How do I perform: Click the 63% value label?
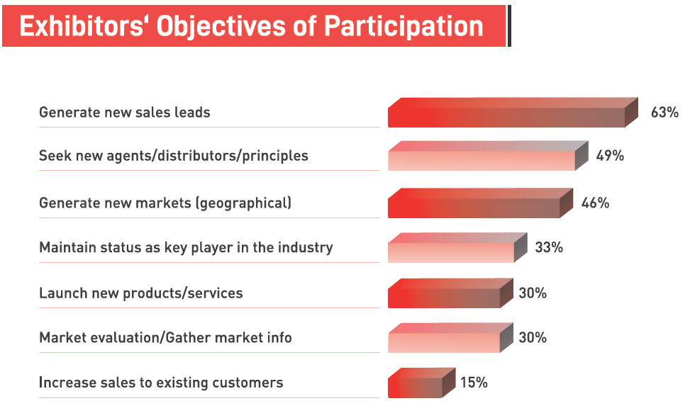(664, 113)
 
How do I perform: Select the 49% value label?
(610, 156)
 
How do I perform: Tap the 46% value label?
(595, 203)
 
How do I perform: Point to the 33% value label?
(549, 247)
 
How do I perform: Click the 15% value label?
(474, 383)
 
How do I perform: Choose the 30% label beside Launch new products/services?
(533, 293)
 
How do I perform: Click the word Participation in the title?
(404, 26)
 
